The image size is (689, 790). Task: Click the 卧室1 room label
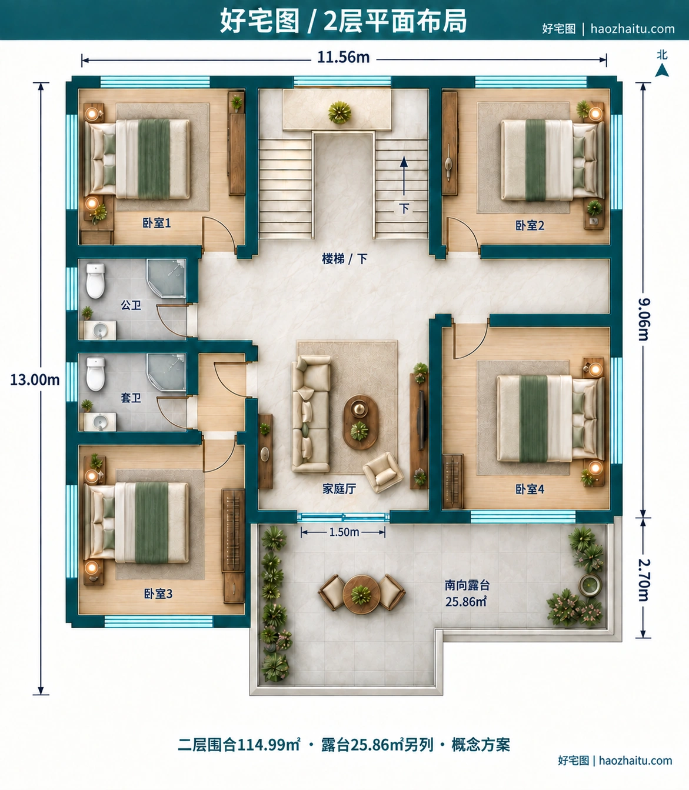click(x=157, y=223)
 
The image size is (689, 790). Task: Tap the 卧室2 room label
click(x=530, y=225)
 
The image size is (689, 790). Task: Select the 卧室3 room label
click(x=158, y=594)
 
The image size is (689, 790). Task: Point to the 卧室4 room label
click(x=530, y=489)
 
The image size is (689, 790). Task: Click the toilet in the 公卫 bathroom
click(x=95, y=281)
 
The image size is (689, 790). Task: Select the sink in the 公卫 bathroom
click(x=100, y=331)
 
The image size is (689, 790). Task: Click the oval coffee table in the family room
click(x=360, y=422)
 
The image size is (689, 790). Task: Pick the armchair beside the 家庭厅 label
click(x=382, y=472)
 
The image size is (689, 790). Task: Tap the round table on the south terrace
click(x=361, y=594)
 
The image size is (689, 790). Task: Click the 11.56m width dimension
click(x=344, y=57)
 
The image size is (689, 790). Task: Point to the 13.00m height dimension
click(x=35, y=380)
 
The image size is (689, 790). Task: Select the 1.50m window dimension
click(x=344, y=532)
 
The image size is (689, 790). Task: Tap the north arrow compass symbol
click(x=662, y=70)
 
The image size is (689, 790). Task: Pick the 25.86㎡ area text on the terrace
click(x=466, y=602)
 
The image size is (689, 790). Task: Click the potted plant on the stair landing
click(x=340, y=112)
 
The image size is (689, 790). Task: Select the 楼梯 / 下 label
click(x=345, y=258)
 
